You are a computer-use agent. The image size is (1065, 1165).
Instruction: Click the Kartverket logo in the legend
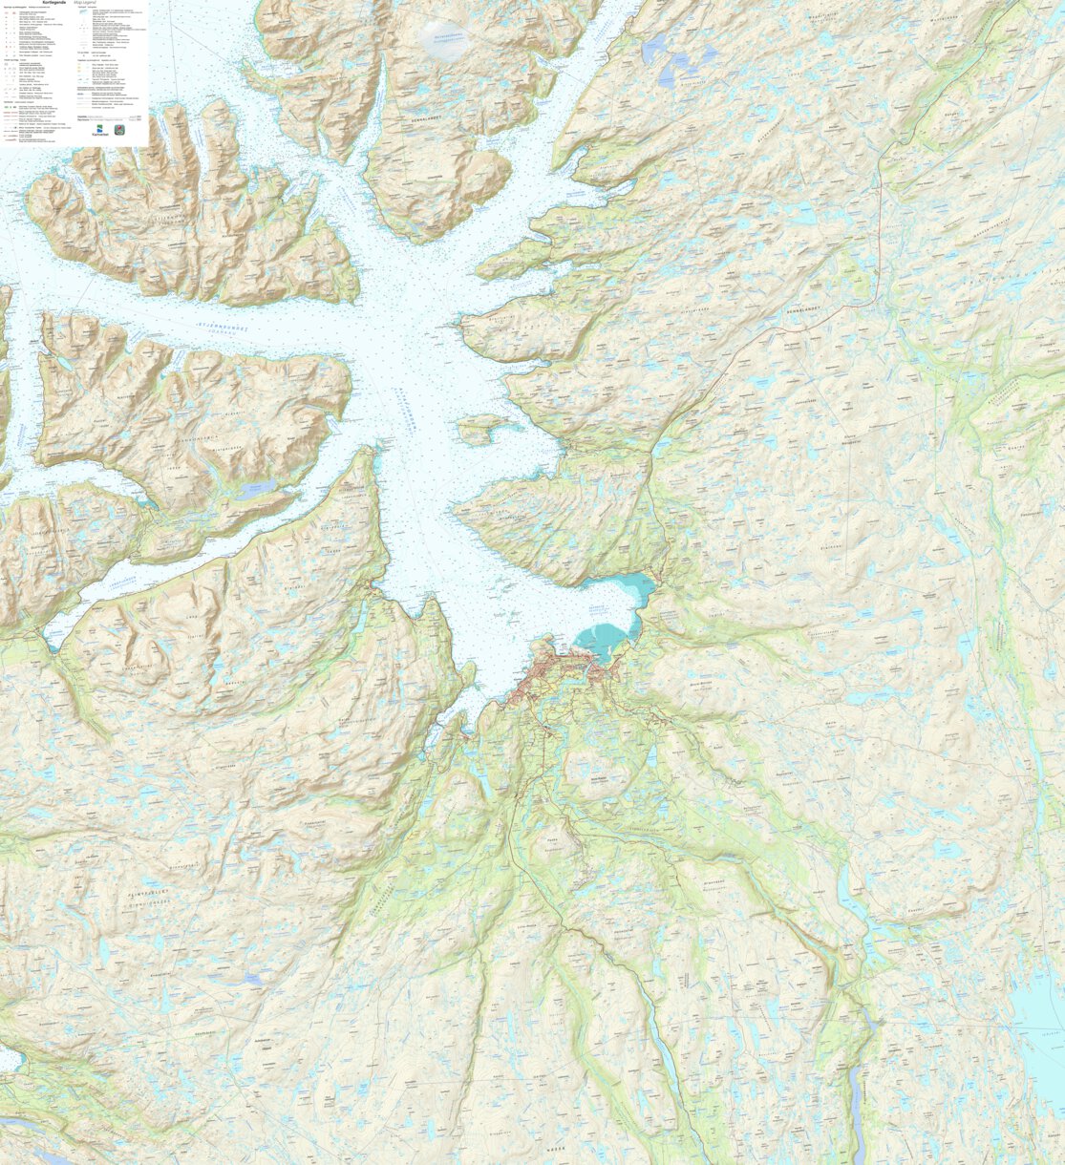(100, 130)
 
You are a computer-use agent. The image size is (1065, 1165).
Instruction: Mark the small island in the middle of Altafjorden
(477, 429)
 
